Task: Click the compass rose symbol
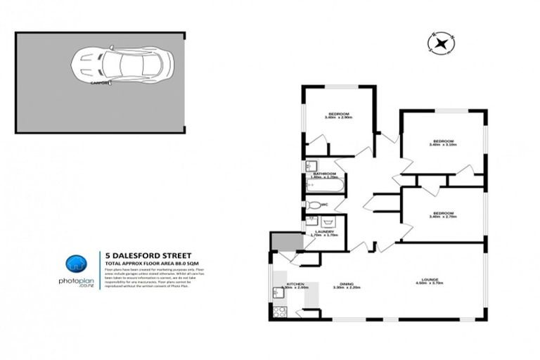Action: coord(441,44)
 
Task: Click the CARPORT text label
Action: coord(100,82)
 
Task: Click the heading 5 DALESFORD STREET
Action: coord(143,256)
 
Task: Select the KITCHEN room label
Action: coord(294,283)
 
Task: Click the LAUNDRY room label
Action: coord(324,231)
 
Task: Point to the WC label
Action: coord(324,205)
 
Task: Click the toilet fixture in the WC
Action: coord(314,205)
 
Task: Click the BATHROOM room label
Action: coord(324,173)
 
